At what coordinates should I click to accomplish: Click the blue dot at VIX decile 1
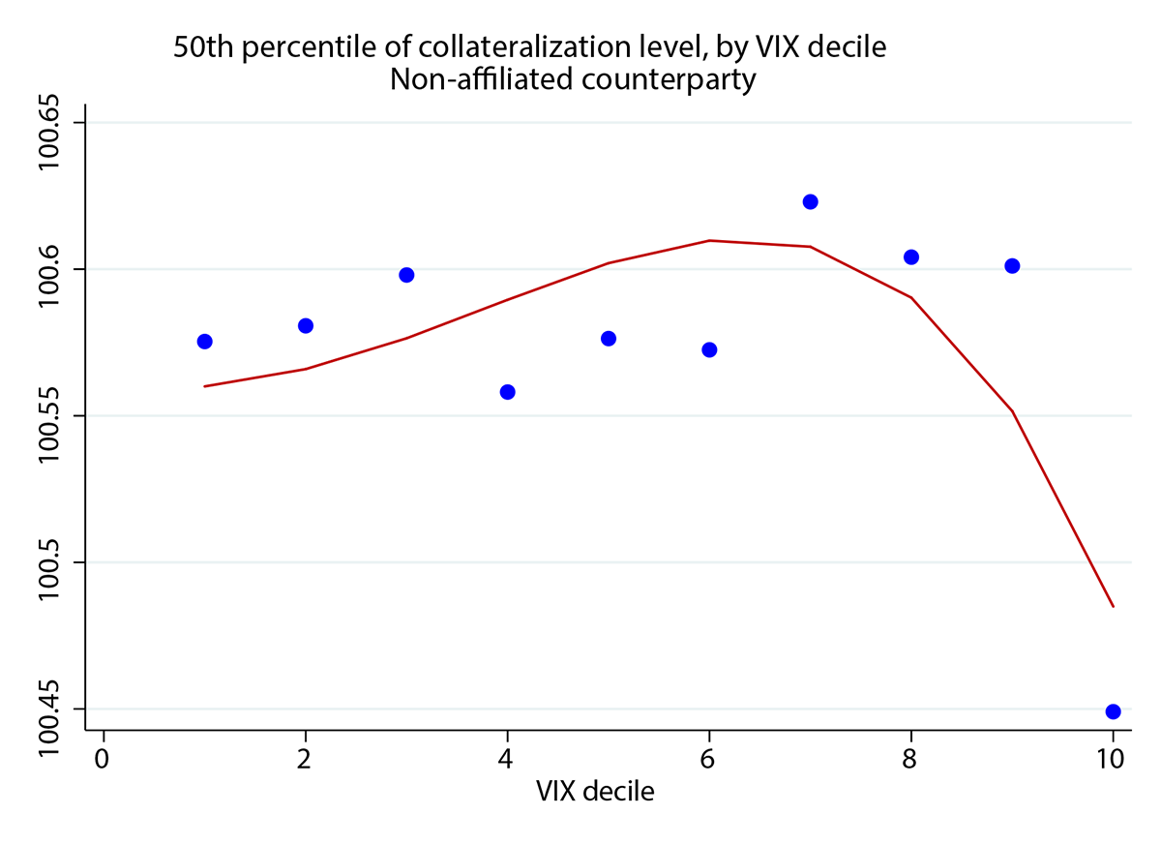pyautogui.click(x=204, y=342)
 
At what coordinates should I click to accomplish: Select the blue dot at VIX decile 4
pyautogui.click(x=507, y=392)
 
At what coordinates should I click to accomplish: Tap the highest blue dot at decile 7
pyautogui.click(x=811, y=201)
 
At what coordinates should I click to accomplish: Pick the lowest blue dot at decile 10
pyautogui.click(x=1113, y=711)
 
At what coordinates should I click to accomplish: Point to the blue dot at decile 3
pyautogui.click(x=406, y=275)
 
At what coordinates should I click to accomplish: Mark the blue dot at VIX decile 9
pyautogui.click(x=1012, y=266)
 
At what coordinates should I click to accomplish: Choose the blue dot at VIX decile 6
pyautogui.click(x=709, y=349)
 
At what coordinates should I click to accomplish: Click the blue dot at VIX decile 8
pyautogui.click(x=910, y=257)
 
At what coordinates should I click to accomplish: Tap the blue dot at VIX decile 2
pyautogui.click(x=306, y=325)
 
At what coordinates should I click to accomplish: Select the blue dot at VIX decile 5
pyautogui.click(x=609, y=338)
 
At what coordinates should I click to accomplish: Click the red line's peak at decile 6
pyautogui.click(x=709, y=240)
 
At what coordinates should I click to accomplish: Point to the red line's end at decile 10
pyautogui.click(x=1114, y=606)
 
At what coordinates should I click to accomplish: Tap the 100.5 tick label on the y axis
pyautogui.click(x=48, y=562)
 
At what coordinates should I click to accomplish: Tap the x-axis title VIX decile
pyautogui.click(x=595, y=792)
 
